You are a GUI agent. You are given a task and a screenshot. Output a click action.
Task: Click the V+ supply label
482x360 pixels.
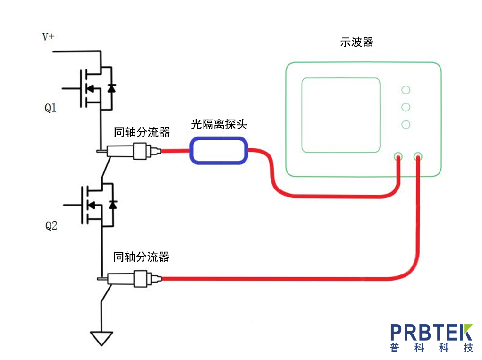click(x=48, y=36)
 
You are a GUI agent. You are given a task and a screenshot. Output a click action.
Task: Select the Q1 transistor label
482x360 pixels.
click(x=51, y=108)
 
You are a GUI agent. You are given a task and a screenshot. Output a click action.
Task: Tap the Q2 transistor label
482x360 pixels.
click(x=51, y=226)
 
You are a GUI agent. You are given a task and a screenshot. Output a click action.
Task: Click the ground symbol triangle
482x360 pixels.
click(x=101, y=337)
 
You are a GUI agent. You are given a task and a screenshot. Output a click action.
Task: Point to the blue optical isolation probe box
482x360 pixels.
click(x=219, y=150)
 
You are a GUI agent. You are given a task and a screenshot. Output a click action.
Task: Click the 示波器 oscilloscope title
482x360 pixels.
click(x=356, y=42)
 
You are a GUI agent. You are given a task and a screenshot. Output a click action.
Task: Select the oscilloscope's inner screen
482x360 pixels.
click(x=340, y=115)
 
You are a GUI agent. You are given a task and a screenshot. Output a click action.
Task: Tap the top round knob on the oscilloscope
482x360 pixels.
click(x=405, y=90)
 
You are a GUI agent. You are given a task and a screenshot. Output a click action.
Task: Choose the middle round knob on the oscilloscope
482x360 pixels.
click(x=405, y=107)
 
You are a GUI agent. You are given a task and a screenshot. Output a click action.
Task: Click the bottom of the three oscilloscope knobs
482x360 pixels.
click(x=405, y=124)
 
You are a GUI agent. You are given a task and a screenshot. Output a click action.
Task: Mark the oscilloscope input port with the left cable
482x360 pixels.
click(x=398, y=156)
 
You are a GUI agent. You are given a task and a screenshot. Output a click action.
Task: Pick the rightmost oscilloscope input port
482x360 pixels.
click(x=418, y=156)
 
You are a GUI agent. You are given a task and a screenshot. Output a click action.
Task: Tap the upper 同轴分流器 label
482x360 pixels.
click(x=142, y=132)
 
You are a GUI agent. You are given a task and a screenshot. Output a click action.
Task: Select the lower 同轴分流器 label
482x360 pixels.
click(x=141, y=257)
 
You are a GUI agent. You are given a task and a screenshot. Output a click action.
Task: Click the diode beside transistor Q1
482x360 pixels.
click(x=112, y=88)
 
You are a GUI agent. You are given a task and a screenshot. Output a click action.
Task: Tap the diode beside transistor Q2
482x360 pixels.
click(x=112, y=205)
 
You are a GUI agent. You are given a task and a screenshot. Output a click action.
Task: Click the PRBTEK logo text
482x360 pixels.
click(x=431, y=332)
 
